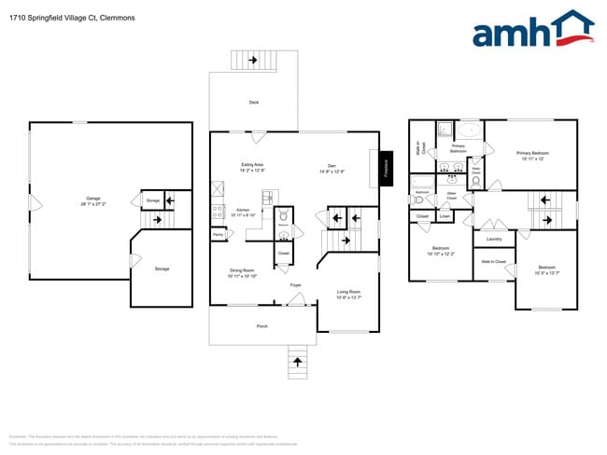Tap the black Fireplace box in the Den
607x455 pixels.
click(385, 168)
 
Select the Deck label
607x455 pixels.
click(254, 103)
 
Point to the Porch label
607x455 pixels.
click(262, 326)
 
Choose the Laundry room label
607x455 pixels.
click(494, 240)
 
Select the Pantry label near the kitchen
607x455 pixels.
click(218, 235)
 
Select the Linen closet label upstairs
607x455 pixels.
click(445, 216)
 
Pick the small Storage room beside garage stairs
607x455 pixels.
click(152, 200)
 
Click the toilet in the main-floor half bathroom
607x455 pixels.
click(283, 215)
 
